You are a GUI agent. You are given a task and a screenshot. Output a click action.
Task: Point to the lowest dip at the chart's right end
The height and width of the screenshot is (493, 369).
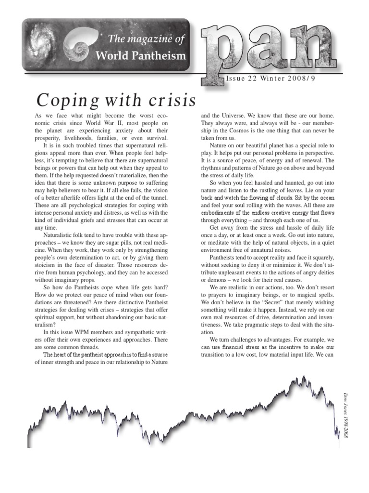point(338,437)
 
